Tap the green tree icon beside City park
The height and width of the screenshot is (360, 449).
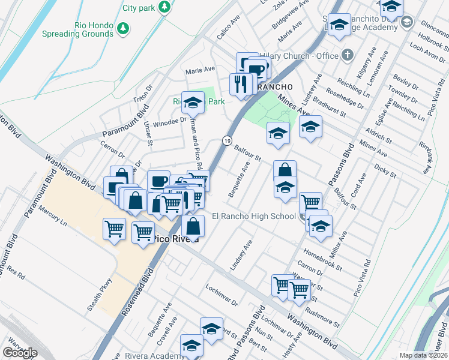pyautogui.click(x=163, y=7)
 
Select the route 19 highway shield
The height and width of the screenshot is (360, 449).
pyautogui.click(x=226, y=140)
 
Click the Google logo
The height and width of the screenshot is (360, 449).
pyautogui.click(x=20, y=353)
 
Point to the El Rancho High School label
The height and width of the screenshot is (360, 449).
pyautogui.click(x=253, y=217)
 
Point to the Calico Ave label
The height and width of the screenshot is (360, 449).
pyautogui.click(x=229, y=32)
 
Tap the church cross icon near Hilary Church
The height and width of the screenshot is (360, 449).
pyautogui.click(x=346, y=56)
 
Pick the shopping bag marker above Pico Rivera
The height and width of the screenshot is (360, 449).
pyautogui.click(x=193, y=226)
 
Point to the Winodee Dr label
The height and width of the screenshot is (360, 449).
pyautogui.click(x=170, y=121)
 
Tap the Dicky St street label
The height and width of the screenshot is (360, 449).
pyautogui.click(x=385, y=171)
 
